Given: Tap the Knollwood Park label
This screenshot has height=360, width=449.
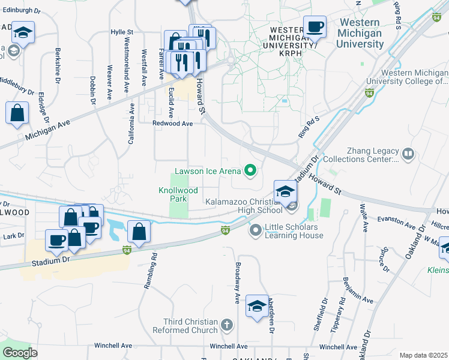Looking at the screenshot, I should pyautogui.click(x=178, y=193).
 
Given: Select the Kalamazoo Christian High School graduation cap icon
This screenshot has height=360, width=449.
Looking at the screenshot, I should pyautogui.click(x=285, y=191).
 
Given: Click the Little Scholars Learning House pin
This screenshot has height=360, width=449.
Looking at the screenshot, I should pyautogui.click(x=255, y=229).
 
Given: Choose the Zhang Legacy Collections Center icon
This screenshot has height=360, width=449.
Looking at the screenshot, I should pyautogui.click(x=408, y=154).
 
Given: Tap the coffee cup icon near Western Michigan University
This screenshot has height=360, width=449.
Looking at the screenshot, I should pyautogui.click(x=315, y=27).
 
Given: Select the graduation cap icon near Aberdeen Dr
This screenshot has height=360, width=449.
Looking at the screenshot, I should pyautogui.click(x=257, y=306).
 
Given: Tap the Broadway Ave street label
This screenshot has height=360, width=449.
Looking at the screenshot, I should pyautogui.click(x=238, y=281).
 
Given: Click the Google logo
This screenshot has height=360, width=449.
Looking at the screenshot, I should pyautogui.click(x=20, y=352).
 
